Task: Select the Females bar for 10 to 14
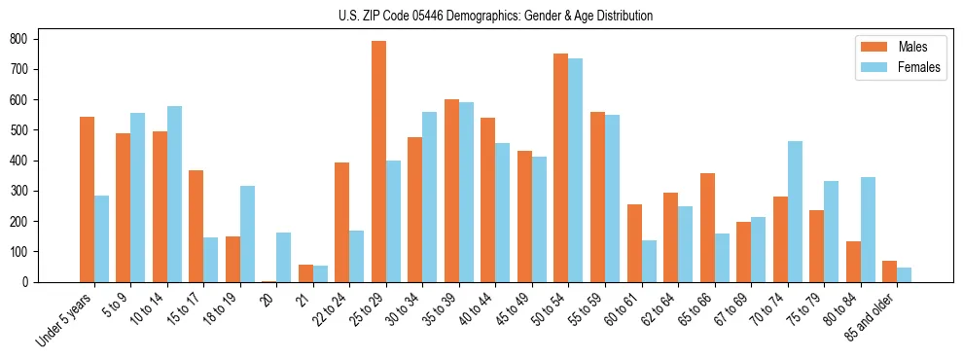click(174, 194)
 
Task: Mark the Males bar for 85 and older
click(890, 271)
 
